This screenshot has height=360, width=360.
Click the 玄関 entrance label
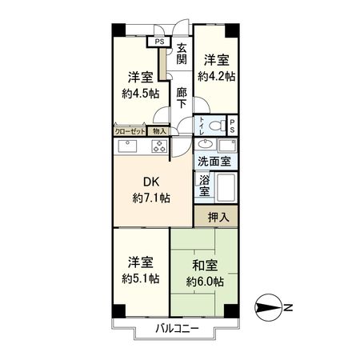pyautogui.click(x=182, y=53)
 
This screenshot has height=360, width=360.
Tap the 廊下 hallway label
pyautogui.click(x=182, y=98)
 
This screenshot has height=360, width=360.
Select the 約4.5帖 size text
pyautogui.click(x=141, y=94)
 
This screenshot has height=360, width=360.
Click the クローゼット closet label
pyautogui.click(x=130, y=131)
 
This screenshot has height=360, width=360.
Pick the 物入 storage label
pyautogui.click(x=159, y=131)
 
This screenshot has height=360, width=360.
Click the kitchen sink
pyautogui.click(x=129, y=146)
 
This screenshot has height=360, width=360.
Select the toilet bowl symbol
pyautogui.click(x=210, y=125)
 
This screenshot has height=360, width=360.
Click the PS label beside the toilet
pyautogui.click(x=232, y=125)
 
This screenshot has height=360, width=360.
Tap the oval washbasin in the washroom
pyautogui.click(x=206, y=145)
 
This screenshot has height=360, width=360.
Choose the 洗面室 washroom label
pyautogui.click(x=214, y=161)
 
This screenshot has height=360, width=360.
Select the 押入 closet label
pyautogui.click(x=217, y=216)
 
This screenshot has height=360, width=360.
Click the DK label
pyautogui.click(x=152, y=181)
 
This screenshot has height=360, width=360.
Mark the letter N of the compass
pyautogui.click(x=288, y=306)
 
